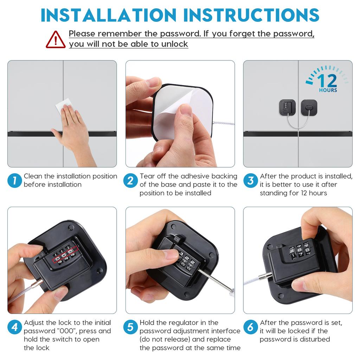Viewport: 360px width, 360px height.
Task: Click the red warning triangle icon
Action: click(56, 40)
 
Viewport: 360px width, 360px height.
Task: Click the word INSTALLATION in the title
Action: click(108, 15)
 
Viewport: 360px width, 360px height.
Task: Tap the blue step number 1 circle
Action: click(14, 181)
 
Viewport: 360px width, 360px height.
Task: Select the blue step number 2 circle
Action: click(130, 181)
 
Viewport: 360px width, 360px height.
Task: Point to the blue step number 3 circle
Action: click(251, 181)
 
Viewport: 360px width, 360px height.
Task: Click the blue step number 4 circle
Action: click(14, 327)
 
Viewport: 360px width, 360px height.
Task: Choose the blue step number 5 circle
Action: click(130, 327)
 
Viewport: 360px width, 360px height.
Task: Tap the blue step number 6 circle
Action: click(251, 327)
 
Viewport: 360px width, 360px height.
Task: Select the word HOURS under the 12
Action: click(328, 90)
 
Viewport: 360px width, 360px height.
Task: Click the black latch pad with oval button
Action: click(309, 107)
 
